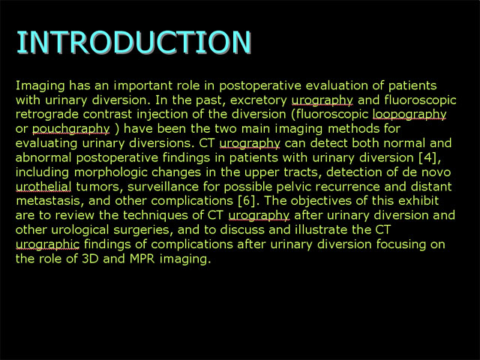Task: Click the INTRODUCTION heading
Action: pos(133,42)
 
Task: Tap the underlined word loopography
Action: pos(409,115)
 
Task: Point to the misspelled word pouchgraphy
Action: pos(70,129)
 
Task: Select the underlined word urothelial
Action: pos(43,187)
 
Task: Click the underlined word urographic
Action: pos(47,245)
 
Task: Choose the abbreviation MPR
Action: pos(142,259)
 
